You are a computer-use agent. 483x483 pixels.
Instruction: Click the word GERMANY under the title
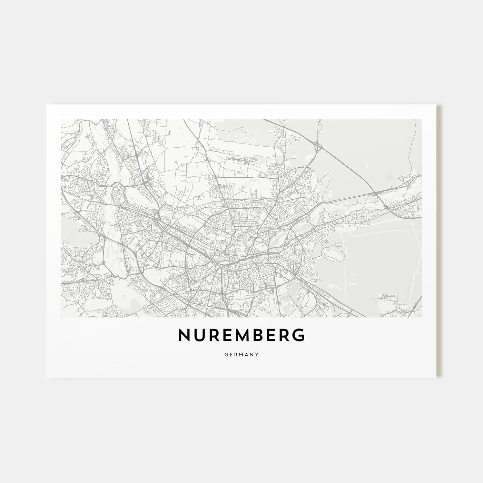(x=241, y=354)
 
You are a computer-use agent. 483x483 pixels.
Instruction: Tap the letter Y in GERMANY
(x=258, y=354)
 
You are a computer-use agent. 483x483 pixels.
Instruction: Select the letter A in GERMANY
(x=247, y=354)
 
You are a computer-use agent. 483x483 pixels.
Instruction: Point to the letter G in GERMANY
(x=225, y=354)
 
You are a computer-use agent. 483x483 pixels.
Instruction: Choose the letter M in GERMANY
(x=241, y=354)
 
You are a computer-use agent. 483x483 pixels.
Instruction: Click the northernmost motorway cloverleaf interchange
(x=318, y=148)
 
